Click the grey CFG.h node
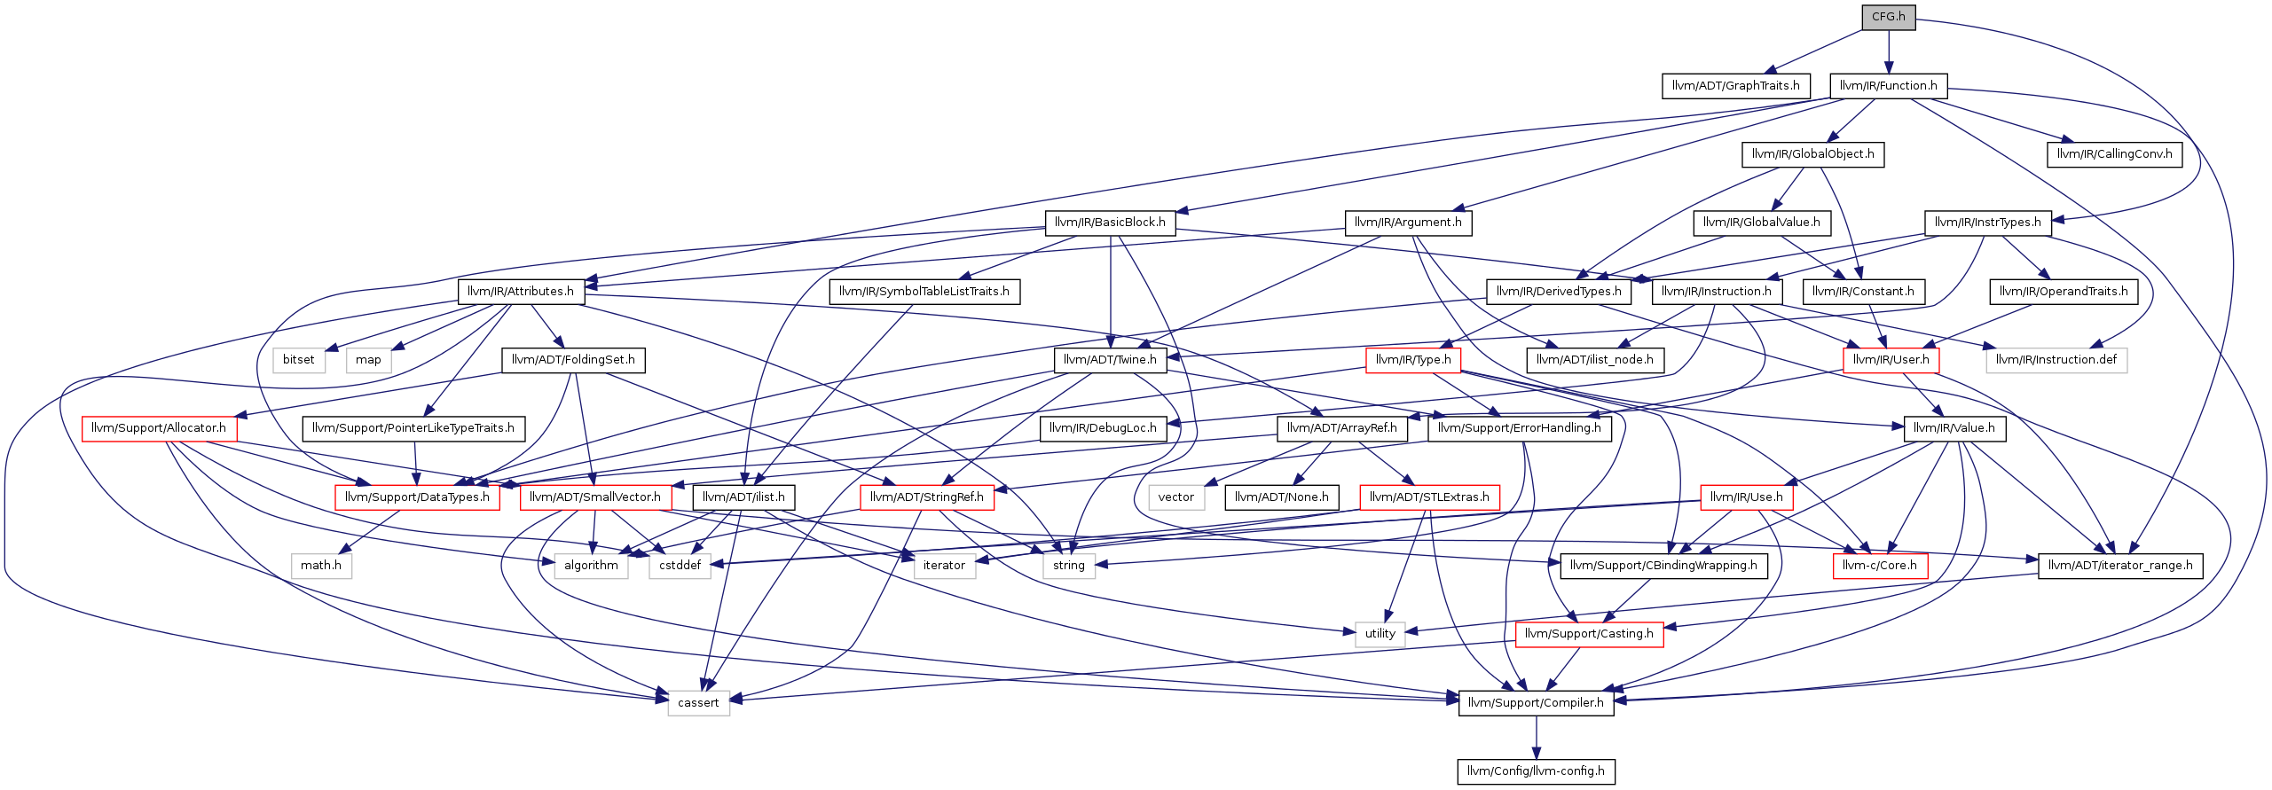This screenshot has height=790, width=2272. pos(1888,17)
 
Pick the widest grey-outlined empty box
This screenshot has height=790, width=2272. pos(2056,361)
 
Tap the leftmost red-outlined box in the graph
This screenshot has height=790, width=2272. pos(159,429)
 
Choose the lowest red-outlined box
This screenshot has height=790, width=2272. pos(1589,635)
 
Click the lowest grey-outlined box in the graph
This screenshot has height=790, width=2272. pos(698,703)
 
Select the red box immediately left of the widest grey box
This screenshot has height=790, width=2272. pos(1891,361)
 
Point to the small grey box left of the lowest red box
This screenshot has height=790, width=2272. pos(1380,635)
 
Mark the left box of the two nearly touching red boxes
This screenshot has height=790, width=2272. pos(417,497)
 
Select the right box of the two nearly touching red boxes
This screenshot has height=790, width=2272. pos(595,497)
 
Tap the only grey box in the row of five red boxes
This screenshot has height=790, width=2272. pos(1176,497)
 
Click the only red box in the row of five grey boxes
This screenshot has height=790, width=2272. pos(1880,567)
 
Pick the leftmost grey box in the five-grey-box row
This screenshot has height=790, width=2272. pos(322,567)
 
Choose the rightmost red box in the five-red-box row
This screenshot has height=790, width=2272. pos(1746,497)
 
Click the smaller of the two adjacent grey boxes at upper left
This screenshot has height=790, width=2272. pos(369,361)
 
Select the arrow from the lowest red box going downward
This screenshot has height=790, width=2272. pos(1563,669)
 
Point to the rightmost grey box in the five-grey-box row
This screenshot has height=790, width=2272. pos(1069,567)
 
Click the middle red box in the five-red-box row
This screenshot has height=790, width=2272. pos(927,497)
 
